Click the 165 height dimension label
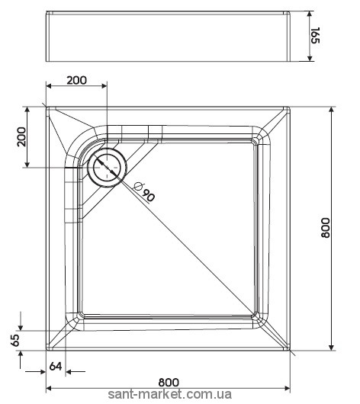(x=315, y=35)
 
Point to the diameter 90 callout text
(x=145, y=191)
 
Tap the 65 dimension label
(x=15, y=341)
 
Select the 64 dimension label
(x=56, y=366)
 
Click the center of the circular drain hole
(x=107, y=168)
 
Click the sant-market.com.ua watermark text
(x=169, y=394)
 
